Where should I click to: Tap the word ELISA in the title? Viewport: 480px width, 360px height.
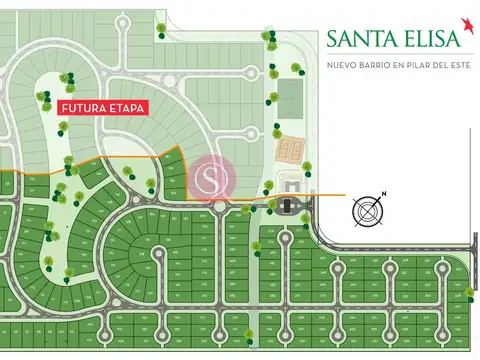pyautogui.click(x=427, y=39)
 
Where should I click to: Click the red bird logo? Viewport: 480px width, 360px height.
pyautogui.click(x=465, y=23)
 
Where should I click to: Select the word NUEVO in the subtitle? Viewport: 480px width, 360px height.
pyautogui.click(x=344, y=66)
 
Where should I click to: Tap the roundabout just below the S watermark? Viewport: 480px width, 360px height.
pyautogui.click(x=218, y=207)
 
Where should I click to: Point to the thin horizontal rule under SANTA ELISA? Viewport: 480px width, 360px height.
pyautogui.click(x=394, y=54)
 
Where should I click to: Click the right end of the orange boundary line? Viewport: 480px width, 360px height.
pyautogui.click(x=344, y=195)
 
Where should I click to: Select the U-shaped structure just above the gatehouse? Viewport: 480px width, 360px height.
pyautogui.click(x=291, y=185)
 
